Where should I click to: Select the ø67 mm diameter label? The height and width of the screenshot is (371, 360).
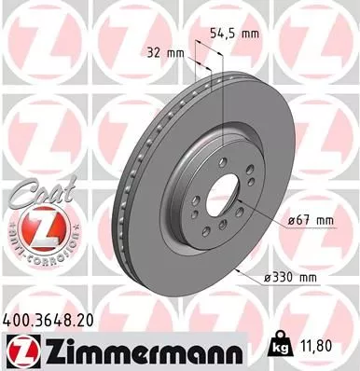[312, 220]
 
